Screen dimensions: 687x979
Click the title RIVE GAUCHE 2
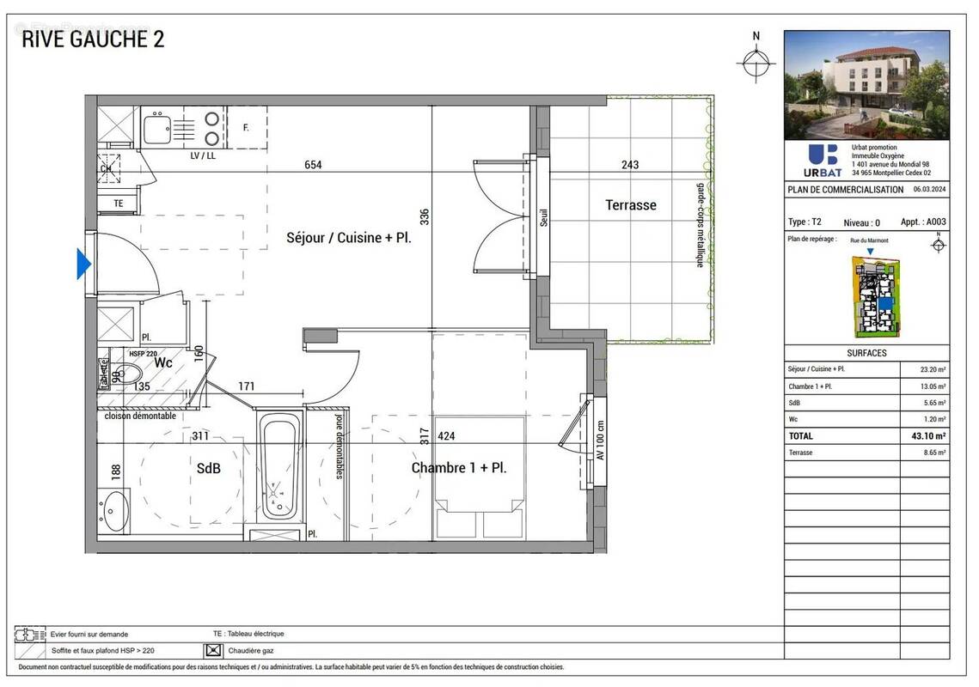[93, 40]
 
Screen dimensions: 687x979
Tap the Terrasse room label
[630, 205]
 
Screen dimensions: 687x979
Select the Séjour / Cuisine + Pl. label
[348, 238]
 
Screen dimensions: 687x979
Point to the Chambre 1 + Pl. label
[458, 468]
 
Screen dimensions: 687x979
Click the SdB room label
[208, 469]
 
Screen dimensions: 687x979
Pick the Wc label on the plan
[163, 363]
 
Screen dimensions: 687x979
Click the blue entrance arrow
[83, 264]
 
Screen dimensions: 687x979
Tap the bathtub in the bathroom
[279, 468]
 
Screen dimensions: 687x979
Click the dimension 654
[313, 165]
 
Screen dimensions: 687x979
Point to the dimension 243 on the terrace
[630, 165]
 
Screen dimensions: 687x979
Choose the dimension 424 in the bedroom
[446, 436]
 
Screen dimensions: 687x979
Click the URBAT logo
[823, 159]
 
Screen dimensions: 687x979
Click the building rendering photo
[866, 85]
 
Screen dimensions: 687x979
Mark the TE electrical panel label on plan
[119, 204]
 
